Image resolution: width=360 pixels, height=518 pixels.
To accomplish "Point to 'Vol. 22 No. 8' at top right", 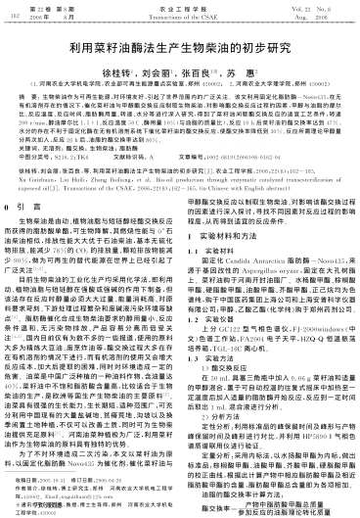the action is pyautogui.click(x=318, y=7).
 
